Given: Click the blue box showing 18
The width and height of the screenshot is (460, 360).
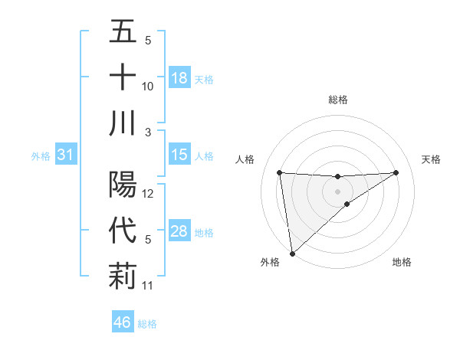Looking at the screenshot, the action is pyautogui.click(x=179, y=78).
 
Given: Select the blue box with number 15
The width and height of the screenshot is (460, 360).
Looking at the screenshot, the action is pyautogui.click(x=179, y=155).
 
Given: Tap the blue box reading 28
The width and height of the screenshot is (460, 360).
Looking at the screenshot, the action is pyautogui.click(x=179, y=232).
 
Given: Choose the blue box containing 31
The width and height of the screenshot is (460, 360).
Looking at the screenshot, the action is pyautogui.click(x=66, y=155).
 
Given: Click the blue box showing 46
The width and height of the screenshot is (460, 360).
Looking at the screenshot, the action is pyautogui.click(x=123, y=322).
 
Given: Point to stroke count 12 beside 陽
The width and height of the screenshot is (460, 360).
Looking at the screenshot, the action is pyautogui.click(x=148, y=194).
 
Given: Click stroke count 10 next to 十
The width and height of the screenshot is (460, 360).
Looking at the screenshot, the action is pyautogui.click(x=148, y=87).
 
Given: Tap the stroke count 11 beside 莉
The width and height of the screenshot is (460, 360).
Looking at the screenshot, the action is pyautogui.click(x=148, y=286).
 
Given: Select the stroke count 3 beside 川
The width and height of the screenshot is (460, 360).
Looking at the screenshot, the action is pyautogui.click(x=148, y=132).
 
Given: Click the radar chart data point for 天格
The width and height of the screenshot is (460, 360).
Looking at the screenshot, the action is pyautogui.click(x=396, y=172).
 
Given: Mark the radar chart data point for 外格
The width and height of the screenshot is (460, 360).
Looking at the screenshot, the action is pyautogui.click(x=292, y=253).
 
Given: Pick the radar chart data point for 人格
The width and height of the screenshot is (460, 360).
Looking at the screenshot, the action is pyautogui.click(x=279, y=172).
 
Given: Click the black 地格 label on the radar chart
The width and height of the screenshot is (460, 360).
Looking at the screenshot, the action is pyautogui.click(x=402, y=262).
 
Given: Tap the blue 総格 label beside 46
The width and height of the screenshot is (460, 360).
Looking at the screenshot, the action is pyautogui.click(x=147, y=324).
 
